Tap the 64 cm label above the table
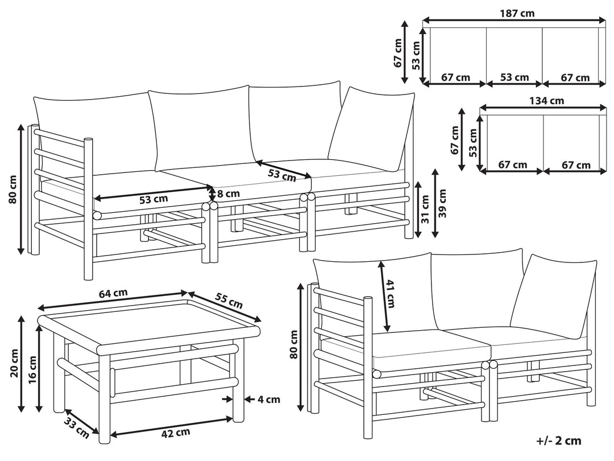click(x=113, y=293)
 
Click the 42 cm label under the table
click(x=175, y=433)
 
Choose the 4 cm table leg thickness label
click(x=268, y=400)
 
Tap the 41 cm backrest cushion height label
click(x=390, y=294)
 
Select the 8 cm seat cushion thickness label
click(x=227, y=194)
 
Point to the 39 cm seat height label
click(x=443, y=203)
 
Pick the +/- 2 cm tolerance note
click(x=559, y=441)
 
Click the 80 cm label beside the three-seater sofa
click(x=13, y=189)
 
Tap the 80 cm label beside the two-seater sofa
click(x=293, y=345)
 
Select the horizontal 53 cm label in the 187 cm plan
click(x=515, y=77)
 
